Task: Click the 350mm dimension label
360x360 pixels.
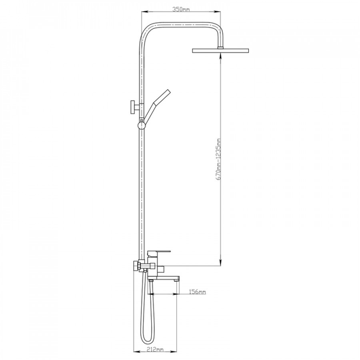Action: [181, 10]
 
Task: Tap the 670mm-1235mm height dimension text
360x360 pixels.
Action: [218, 159]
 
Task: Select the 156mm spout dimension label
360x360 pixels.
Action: [197, 292]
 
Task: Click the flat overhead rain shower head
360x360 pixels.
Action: [220, 50]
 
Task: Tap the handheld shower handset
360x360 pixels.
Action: [156, 105]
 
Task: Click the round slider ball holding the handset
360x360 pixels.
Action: [142, 125]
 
